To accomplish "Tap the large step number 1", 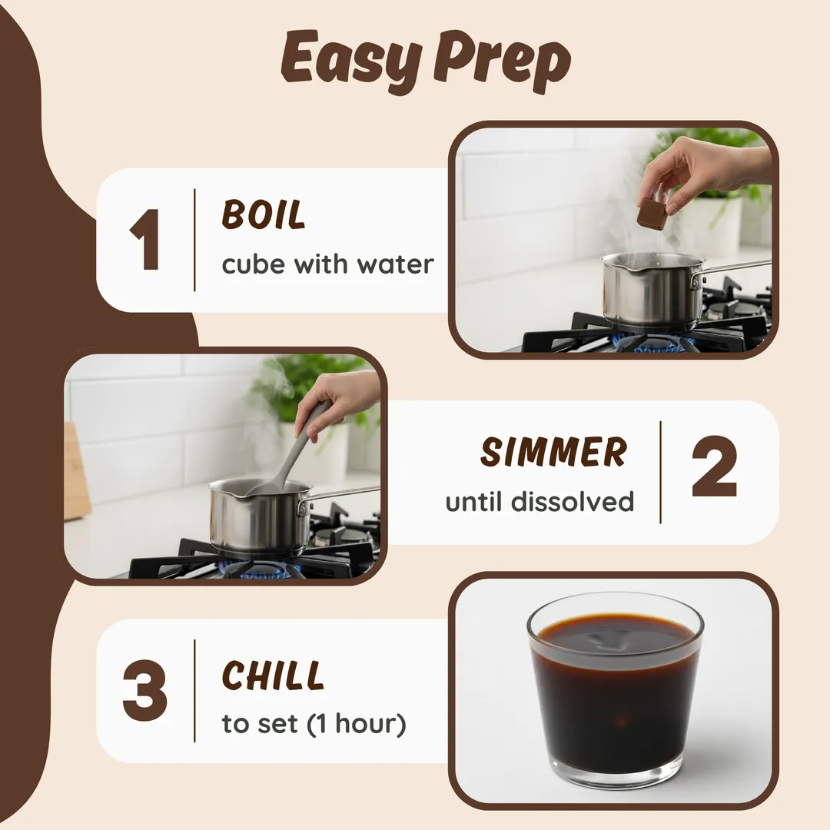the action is coord(144,240).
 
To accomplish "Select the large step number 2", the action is coord(714,466).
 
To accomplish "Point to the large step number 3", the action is coord(144,691).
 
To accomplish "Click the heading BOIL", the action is coord(263,214).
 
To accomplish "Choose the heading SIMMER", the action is coord(553,452).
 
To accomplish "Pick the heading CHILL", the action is coord(272,676).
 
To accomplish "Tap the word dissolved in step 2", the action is coord(572,501).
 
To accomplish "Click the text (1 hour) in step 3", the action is coord(357,724).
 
